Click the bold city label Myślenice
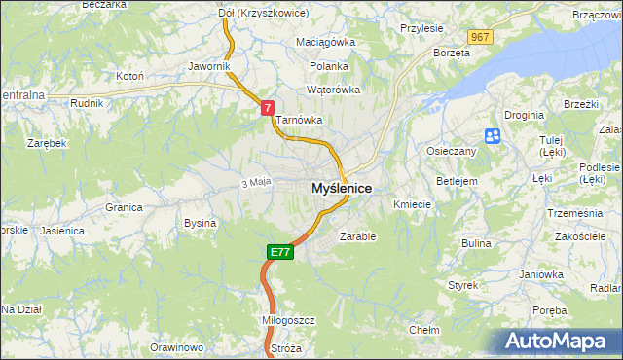(x=341, y=188)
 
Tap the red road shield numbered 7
(x=266, y=109)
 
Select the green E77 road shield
(x=279, y=252)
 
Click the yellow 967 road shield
(x=478, y=36)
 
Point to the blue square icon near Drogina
(x=493, y=136)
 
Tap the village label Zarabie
(x=357, y=235)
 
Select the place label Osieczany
(x=451, y=152)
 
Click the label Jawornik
(x=208, y=66)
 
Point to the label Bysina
(x=200, y=223)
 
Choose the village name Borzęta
(x=452, y=53)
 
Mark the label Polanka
(x=329, y=66)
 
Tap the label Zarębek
(x=47, y=142)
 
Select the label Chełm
(x=424, y=330)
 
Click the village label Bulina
(x=476, y=243)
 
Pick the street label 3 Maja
(x=254, y=182)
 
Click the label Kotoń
(x=129, y=75)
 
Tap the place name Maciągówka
(x=326, y=43)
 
